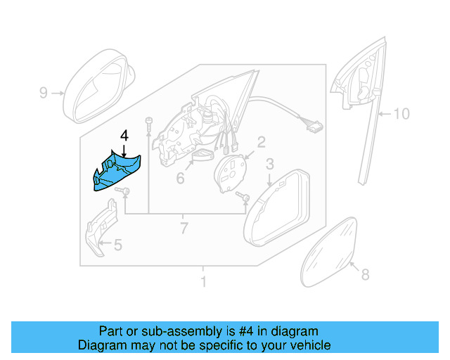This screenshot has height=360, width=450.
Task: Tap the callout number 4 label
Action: [x=124, y=135]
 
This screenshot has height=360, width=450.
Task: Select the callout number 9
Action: [x=43, y=92]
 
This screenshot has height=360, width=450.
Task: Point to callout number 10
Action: [x=400, y=113]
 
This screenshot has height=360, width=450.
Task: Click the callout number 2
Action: [x=260, y=143]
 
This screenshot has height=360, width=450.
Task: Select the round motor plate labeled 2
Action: [x=230, y=173]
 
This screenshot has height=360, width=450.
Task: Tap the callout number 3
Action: [x=269, y=165]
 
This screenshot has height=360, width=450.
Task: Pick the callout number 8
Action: [x=364, y=275]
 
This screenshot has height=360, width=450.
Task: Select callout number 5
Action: [x=117, y=245]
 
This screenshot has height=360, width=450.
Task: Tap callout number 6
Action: [x=180, y=179]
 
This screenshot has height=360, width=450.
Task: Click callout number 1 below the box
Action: [x=203, y=283]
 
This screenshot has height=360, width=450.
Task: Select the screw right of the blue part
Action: [x=124, y=192]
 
